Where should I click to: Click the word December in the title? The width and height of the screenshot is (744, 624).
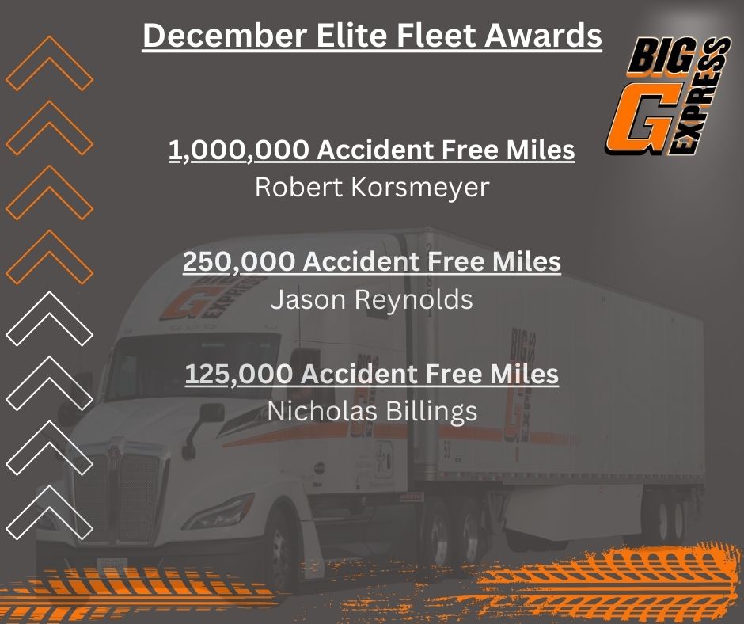(225, 35)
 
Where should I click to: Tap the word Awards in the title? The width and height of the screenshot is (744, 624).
(543, 35)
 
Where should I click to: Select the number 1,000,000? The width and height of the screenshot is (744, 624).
(239, 150)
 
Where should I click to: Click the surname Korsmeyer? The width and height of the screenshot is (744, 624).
(420, 187)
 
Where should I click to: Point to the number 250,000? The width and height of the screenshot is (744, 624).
(239, 261)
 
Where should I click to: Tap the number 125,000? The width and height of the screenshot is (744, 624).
(239, 374)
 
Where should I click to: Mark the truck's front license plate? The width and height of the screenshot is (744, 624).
(112, 565)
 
